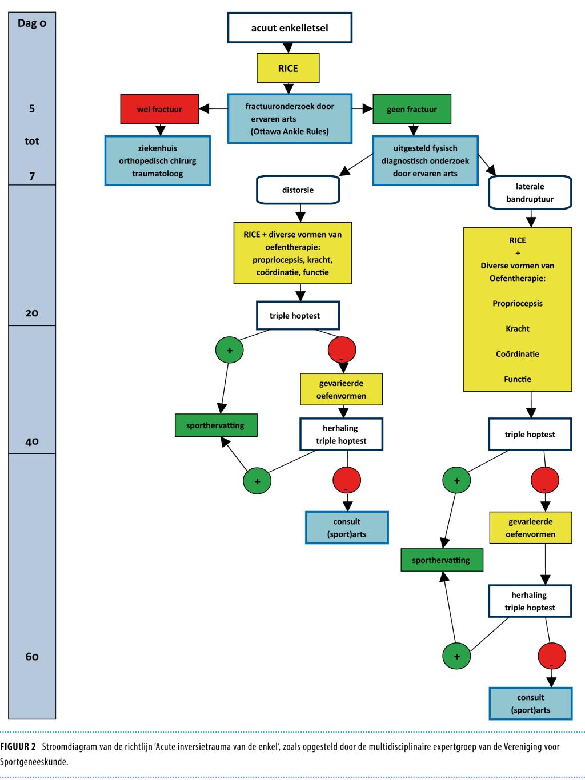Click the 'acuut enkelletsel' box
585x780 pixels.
pos(290,27)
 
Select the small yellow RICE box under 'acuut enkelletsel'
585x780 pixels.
pos(288,68)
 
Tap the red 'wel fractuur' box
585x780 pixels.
pos(159,109)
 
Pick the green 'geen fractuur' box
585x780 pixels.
pos(411,109)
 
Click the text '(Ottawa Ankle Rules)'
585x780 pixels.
pos(290,132)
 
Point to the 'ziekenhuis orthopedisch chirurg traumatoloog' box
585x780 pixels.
pos(158,160)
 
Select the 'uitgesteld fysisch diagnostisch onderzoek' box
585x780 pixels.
pos(425,160)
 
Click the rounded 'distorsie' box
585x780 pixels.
pos(298,190)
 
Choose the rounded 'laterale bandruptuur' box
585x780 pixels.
pos(530,193)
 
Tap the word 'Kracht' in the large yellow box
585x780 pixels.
pos(518,329)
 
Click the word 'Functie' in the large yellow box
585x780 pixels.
pos(518,379)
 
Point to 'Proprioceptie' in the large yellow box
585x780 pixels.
pos(518,304)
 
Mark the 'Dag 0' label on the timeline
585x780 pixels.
pos(32,24)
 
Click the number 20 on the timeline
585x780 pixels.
pos(32,313)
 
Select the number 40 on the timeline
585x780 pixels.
pos(32,441)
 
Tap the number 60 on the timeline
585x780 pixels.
pos(32,657)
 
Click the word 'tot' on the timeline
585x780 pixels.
pos(32,141)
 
